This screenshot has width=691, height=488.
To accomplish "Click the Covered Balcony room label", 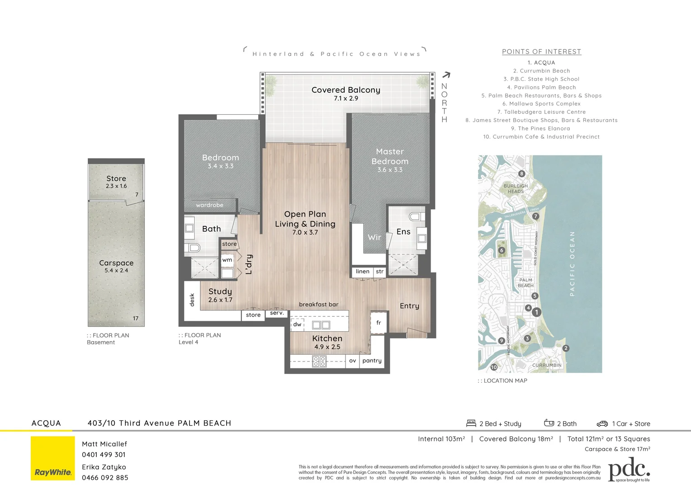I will coord(345,90).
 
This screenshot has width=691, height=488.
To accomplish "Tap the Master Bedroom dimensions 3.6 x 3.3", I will coord(389,170).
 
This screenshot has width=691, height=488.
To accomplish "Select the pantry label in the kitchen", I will coord(372,361).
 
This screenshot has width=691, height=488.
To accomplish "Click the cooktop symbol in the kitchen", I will coord(319,361).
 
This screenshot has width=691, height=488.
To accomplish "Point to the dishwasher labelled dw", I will coord(297,324).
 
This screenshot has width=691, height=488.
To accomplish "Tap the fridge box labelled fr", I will coord(379,323).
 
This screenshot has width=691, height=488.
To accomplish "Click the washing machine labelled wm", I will coord(227,260).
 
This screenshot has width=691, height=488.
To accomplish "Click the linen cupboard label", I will coord(363,272).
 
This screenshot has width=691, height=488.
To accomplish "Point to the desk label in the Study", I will coord(192,300).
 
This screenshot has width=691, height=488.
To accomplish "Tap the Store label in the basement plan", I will coord(116,178).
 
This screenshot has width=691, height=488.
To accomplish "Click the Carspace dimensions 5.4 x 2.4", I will coord(116,271).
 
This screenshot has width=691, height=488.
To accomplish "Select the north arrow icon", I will coord(446,75).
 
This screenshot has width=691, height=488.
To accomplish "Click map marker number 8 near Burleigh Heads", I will coord(521,174).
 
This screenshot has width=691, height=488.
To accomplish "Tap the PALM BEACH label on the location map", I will coord(525,283).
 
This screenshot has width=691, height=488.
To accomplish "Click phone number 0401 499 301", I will coord(104,455).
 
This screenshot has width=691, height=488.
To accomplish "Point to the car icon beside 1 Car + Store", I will coord(602,424).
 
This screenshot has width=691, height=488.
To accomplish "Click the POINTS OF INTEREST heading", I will coord(541,52).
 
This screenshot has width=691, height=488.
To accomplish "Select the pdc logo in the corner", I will coord(629,470).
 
